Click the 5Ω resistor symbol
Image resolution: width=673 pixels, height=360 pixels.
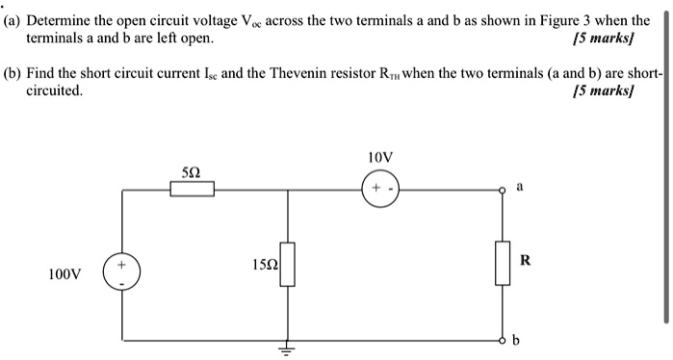pyautogui.click(x=193, y=189)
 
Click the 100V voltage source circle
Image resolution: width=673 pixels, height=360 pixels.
pyautogui.click(x=122, y=271)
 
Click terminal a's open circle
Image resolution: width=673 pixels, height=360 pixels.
pyautogui.click(x=501, y=190)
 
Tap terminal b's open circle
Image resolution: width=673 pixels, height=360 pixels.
pyautogui.click(x=501, y=340)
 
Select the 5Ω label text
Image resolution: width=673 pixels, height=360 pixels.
pyautogui.click(x=192, y=170)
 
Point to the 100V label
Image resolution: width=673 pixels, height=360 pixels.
pyautogui.click(x=66, y=275)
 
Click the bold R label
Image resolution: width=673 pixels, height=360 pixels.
pyautogui.click(x=525, y=259)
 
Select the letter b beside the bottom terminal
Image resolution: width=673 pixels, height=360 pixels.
pyautogui.click(x=516, y=340)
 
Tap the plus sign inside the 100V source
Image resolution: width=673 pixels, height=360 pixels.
pyautogui.click(x=122, y=263)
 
